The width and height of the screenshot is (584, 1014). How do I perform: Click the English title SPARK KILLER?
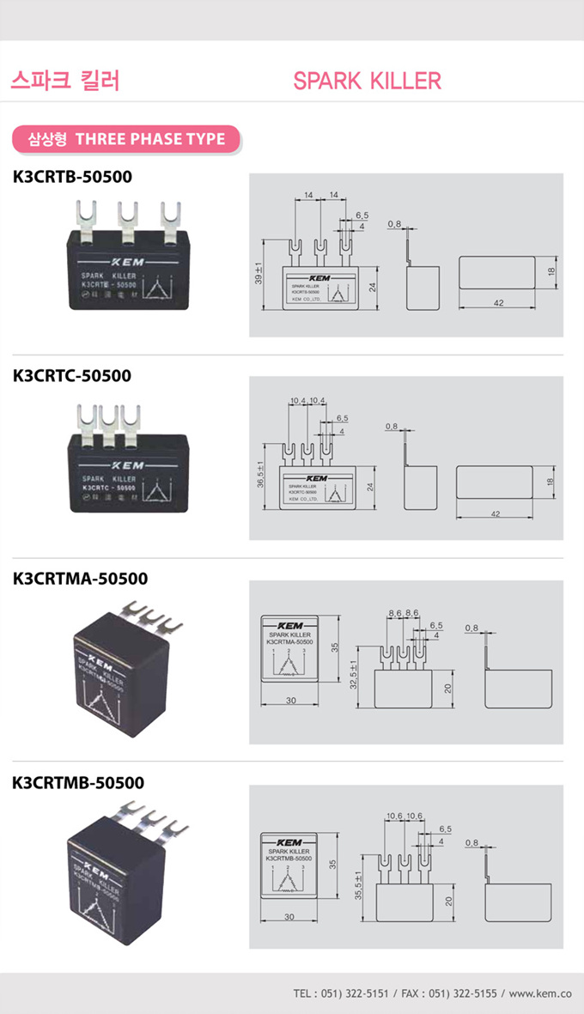367,81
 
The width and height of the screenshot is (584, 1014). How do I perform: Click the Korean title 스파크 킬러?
64,81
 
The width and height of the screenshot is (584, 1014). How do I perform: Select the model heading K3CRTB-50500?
72,178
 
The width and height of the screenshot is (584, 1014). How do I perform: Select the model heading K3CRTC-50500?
72,375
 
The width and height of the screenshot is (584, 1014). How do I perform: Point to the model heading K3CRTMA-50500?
80,579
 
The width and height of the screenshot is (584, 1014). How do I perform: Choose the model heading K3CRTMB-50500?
79,783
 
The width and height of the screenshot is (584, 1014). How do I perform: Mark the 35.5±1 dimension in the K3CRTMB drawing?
358,883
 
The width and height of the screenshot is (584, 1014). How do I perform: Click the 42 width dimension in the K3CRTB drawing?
498,303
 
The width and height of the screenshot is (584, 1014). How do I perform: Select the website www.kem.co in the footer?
541,993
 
